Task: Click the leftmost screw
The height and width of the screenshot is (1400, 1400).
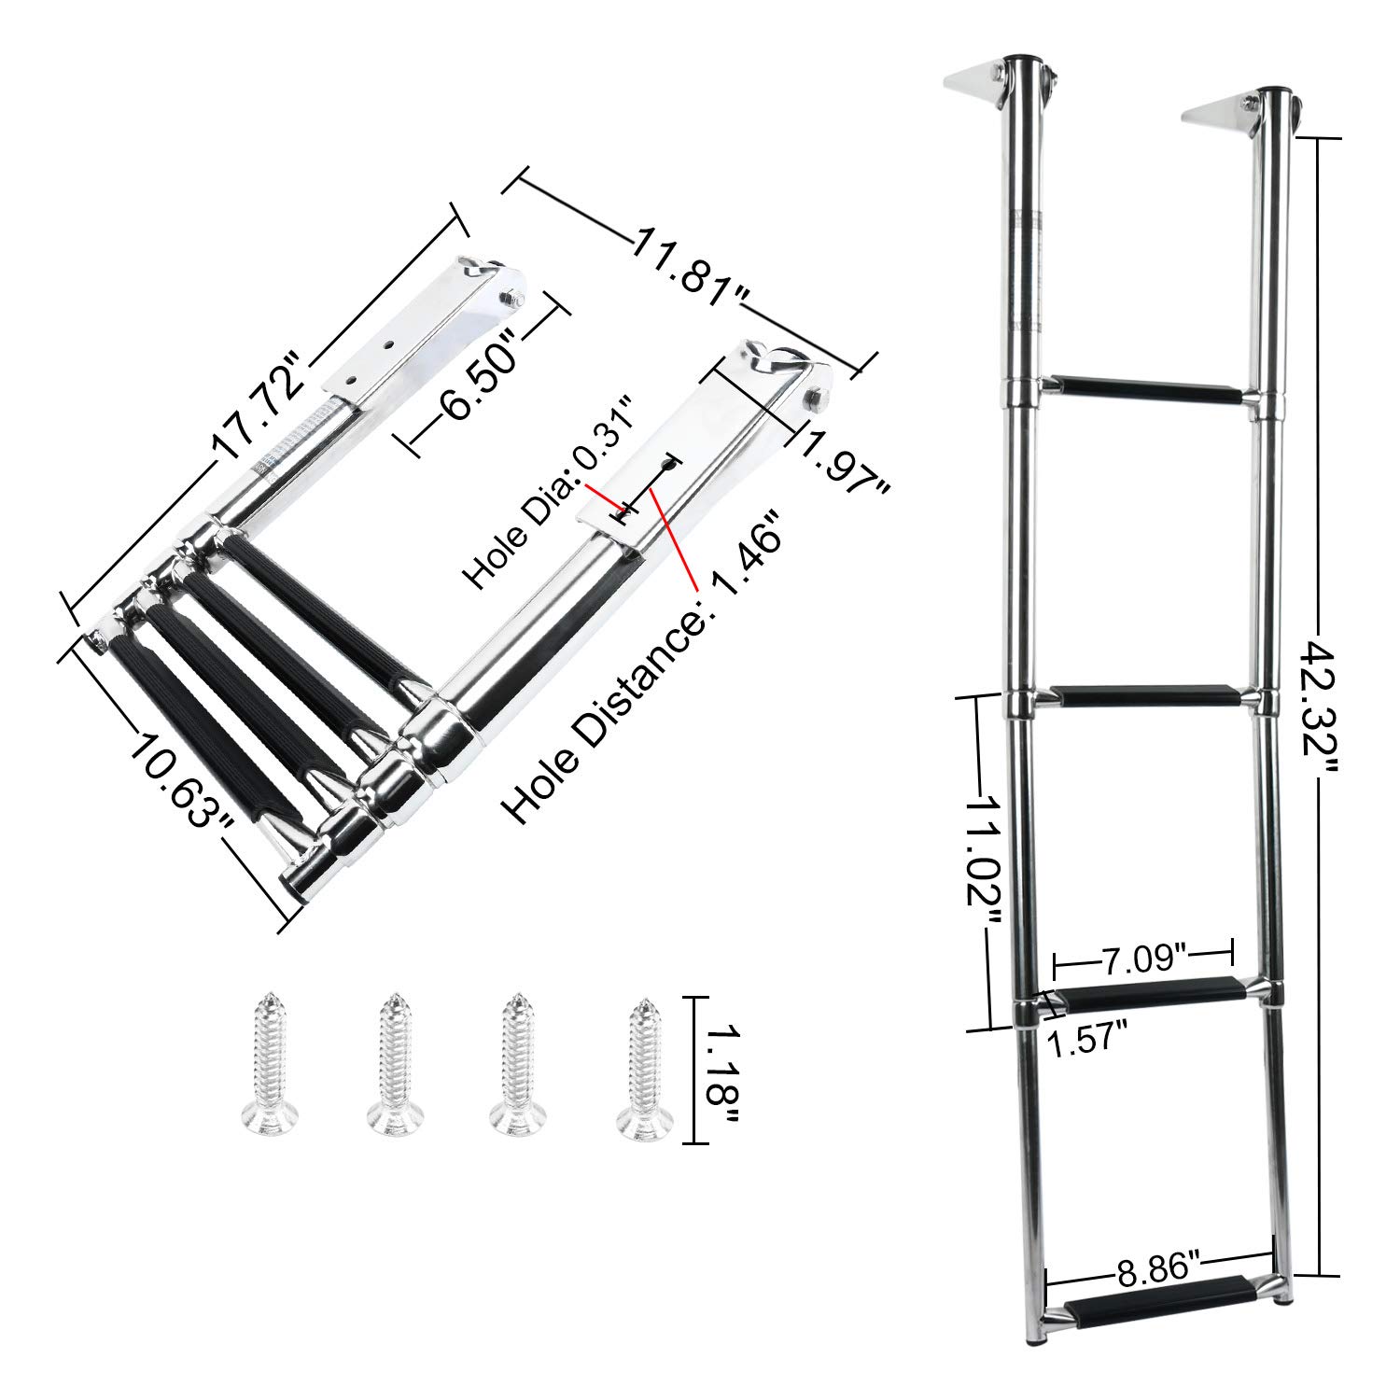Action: click(x=264, y=1069)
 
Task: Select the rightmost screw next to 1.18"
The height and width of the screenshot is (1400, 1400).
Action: click(x=641, y=1069)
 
